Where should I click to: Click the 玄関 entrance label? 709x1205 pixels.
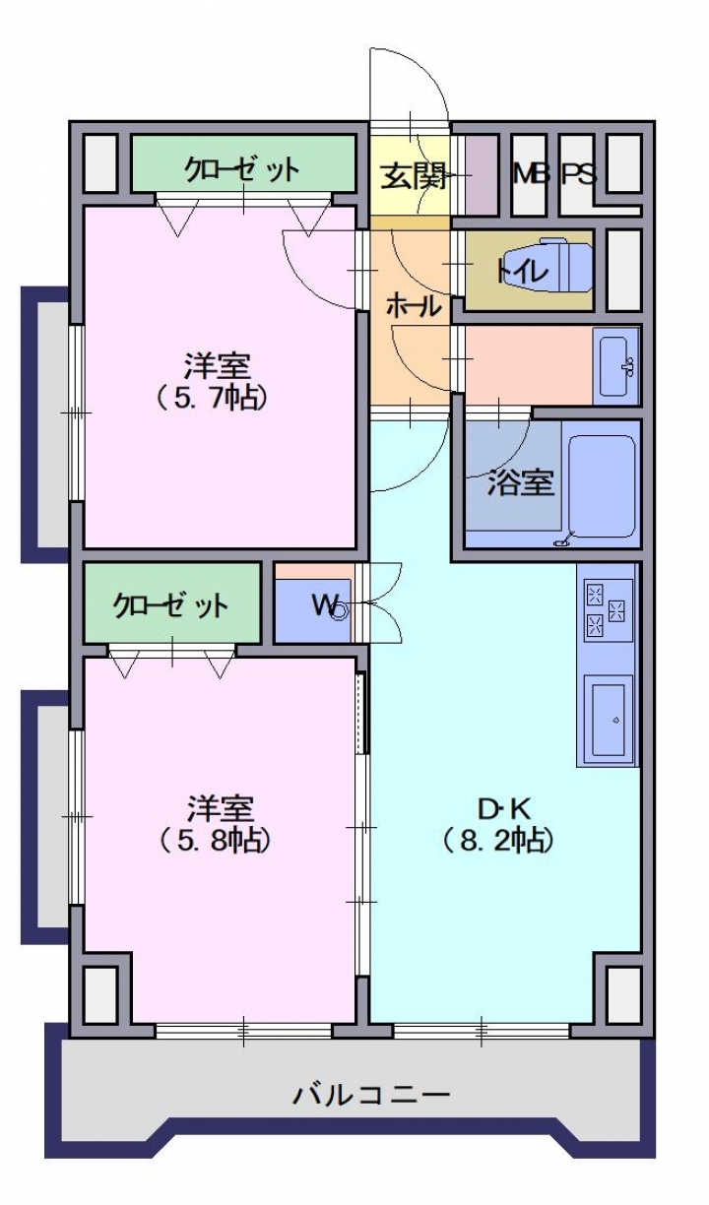413,176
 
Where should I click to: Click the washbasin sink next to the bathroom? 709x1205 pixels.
614,365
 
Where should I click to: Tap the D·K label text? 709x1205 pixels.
504,808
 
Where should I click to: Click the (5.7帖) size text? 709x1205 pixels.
212,398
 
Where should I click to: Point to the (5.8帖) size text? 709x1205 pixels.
214,841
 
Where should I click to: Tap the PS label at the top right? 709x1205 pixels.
579,173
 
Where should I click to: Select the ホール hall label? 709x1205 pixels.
414,306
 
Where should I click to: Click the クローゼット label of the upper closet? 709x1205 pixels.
241,169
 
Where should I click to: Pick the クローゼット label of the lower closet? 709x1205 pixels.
170,605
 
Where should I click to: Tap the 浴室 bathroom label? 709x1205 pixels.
520,482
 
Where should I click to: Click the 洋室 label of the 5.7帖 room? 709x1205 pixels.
217,366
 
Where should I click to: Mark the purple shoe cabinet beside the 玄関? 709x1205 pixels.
481,175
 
